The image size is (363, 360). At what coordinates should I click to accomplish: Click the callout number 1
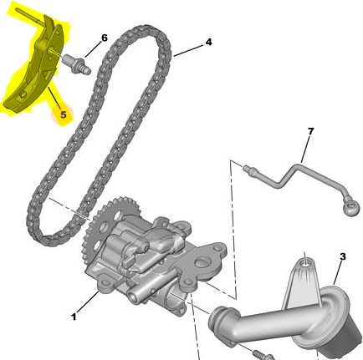click(74, 317)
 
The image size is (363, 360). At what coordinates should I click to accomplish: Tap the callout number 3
click(343, 256)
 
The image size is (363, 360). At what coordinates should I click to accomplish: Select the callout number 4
click(208, 43)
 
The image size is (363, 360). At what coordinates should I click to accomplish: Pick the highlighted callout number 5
click(64, 114)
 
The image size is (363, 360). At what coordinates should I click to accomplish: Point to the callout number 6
click(105, 38)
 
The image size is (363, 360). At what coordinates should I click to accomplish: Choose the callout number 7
click(310, 131)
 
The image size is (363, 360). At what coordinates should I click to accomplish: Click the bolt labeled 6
click(77, 64)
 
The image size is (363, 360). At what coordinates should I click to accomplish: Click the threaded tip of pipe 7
click(247, 169)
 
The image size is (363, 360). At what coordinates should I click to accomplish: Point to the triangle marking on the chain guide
click(48, 75)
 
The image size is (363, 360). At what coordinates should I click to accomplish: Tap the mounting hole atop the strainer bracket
click(306, 263)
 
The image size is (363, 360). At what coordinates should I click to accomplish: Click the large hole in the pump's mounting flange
click(202, 262)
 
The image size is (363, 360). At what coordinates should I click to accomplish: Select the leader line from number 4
click(189, 50)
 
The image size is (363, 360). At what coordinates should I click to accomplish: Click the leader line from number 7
click(305, 150)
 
